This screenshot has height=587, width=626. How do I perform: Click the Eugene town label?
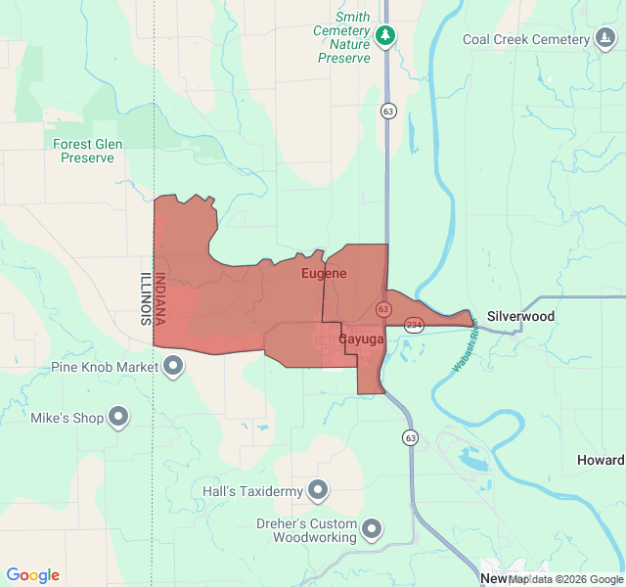[324, 273]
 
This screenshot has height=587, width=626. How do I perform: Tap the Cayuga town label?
[361, 339]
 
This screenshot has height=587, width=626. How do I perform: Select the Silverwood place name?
[520, 316]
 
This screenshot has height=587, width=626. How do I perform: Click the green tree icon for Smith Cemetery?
[386, 36]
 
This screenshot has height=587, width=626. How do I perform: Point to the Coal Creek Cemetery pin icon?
[606, 39]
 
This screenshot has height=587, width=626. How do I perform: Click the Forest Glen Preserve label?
[88, 151]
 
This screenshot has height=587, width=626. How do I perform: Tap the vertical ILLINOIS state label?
[146, 298]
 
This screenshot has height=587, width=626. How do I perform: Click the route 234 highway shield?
[414, 325]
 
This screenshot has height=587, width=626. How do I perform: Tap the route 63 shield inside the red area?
[383, 309]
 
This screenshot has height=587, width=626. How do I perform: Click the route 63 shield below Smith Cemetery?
[388, 111]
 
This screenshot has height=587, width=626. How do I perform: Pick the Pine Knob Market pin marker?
[174, 367]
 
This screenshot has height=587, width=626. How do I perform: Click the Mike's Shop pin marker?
[119, 418]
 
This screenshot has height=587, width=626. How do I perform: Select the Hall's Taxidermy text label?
[250, 490]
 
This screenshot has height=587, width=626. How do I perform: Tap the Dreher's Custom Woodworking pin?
[372, 529]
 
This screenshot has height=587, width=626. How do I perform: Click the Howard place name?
[600, 460]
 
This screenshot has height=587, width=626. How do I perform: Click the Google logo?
[32, 575]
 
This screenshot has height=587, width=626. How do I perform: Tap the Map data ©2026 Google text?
[566, 579]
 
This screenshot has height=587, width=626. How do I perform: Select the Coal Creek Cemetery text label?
[526, 39]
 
